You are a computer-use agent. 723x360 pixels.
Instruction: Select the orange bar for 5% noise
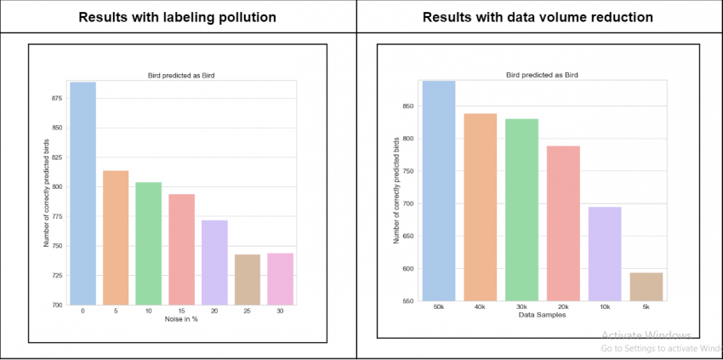[116, 237]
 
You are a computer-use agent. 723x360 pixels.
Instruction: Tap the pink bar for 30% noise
[280, 278]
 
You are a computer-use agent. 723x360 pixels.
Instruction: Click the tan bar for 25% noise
[247, 279]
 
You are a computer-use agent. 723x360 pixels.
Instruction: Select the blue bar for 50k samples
[440, 191]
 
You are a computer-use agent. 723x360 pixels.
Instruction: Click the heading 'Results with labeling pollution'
[178, 16]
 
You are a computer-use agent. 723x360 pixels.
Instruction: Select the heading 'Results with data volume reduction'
[538, 16]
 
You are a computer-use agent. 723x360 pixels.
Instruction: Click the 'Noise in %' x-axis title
[181, 319]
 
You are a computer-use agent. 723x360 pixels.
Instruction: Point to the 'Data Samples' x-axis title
[542, 316]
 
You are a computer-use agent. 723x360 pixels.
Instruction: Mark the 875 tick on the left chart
[58, 99]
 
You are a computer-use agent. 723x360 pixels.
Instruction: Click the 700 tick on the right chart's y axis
[408, 203]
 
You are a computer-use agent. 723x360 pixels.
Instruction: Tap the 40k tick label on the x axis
[481, 307]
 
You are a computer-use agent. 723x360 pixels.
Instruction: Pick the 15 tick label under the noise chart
[181, 311]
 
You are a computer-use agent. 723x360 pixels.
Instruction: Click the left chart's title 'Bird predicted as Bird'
[181, 76]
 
